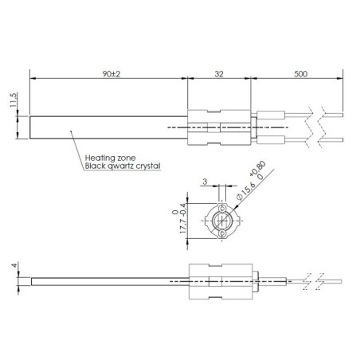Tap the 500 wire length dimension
299,72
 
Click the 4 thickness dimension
14,268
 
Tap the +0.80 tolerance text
256,171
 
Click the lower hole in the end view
221,232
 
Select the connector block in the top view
221,127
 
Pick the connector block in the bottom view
221,282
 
